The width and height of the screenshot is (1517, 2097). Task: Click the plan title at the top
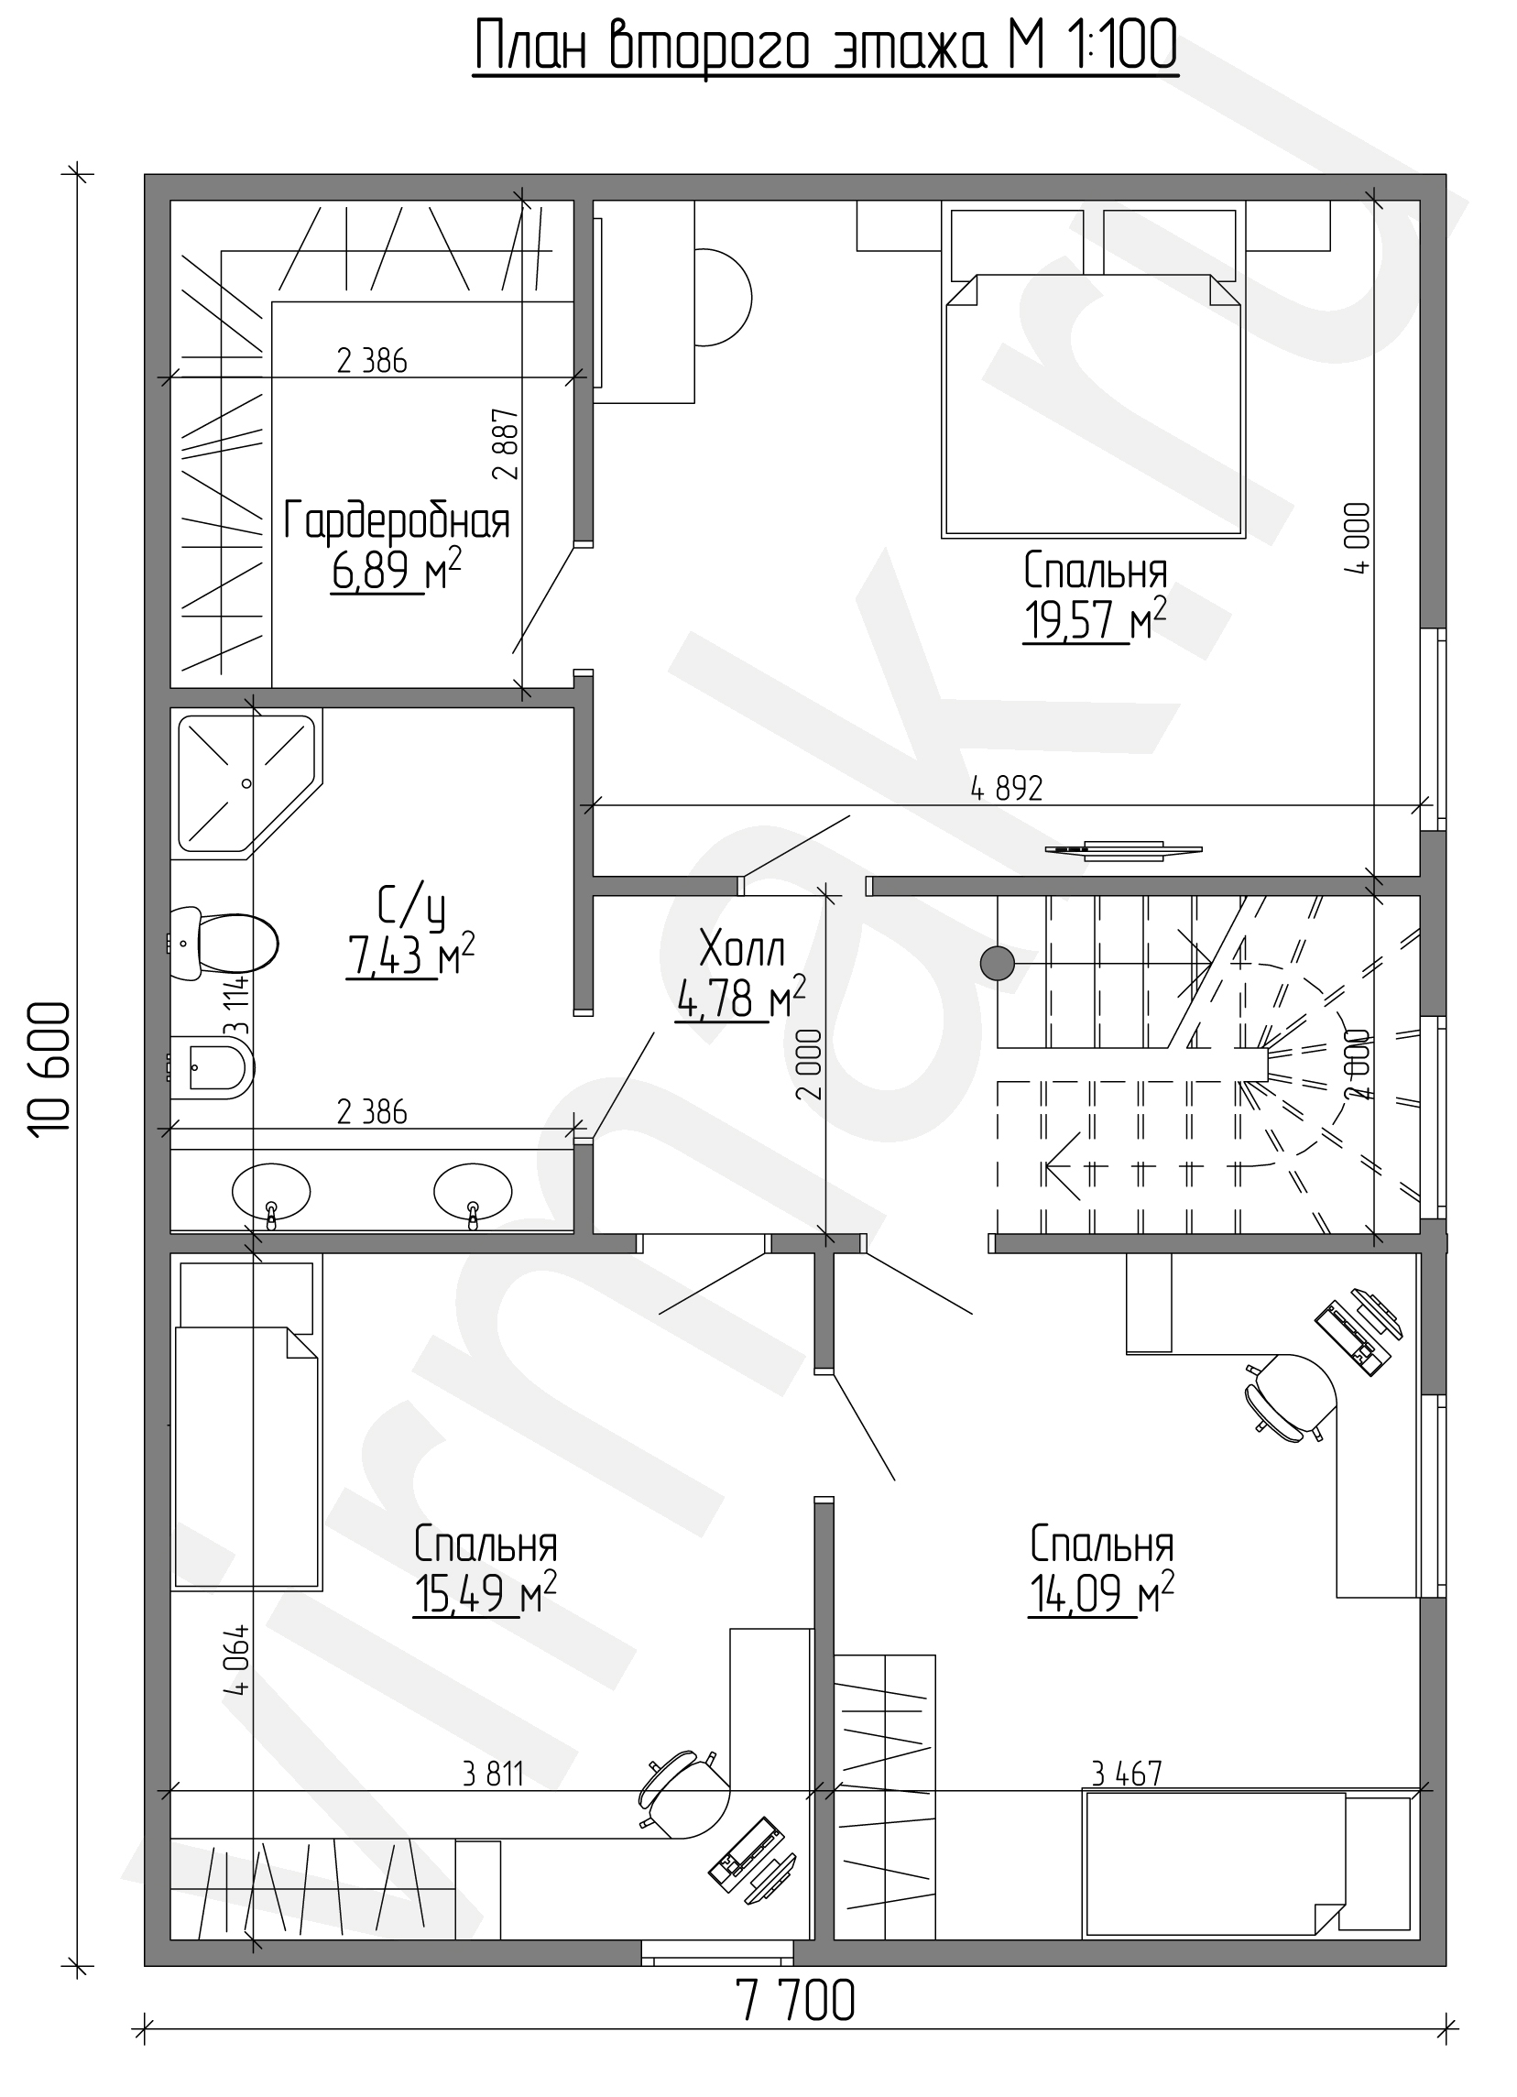[825, 47]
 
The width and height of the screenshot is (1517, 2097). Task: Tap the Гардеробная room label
[397, 521]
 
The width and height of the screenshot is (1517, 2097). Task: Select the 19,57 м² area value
[1095, 618]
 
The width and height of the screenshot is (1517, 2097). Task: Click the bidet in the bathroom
[213, 1068]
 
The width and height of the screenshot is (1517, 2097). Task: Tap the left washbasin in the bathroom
[271, 1193]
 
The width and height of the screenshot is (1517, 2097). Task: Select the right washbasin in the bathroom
[474, 1193]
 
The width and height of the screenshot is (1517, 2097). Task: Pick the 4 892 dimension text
[1007, 788]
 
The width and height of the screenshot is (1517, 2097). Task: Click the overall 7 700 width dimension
[796, 2026]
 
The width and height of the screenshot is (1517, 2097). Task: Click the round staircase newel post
[997, 964]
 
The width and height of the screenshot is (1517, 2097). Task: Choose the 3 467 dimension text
[1126, 1773]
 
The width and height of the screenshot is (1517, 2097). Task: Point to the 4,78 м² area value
[740, 999]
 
